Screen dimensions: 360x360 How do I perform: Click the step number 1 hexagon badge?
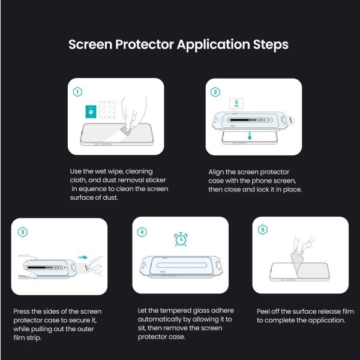pyautogui.click(x=77, y=92)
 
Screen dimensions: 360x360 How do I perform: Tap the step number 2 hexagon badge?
pyautogui.click(x=215, y=92)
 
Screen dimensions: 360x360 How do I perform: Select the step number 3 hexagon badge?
pyautogui.click(x=23, y=232)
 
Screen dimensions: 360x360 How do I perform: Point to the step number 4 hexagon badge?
pyautogui.click(x=142, y=232)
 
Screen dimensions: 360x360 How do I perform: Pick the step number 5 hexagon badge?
pyautogui.click(x=263, y=229)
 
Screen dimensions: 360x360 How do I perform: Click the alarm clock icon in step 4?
pyautogui.click(x=181, y=239)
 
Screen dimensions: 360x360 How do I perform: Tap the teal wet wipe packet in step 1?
pyautogui.click(x=91, y=112)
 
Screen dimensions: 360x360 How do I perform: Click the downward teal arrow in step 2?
pyautogui.click(x=250, y=136)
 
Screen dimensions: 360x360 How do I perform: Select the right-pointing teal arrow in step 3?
pyautogui.click(x=83, y=257)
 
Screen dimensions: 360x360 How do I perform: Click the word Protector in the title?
pyautogui.click(x=144, y=44)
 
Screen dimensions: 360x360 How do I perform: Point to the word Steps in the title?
pyautogui.click(x=271, y=45)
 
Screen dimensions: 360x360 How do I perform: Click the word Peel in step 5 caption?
pyautogui.click(x=263, y=311)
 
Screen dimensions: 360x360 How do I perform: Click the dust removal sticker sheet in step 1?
pyautogui.click(x=107, y=110)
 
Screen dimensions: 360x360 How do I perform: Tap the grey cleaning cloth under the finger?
pyautogui.click(x=125, y=130)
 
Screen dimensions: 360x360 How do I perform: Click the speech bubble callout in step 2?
pyautogui.click(x=236, y=104)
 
